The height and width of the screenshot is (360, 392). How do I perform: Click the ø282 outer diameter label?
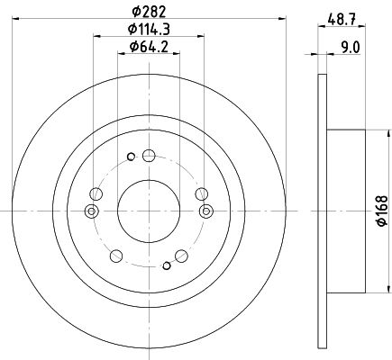tap(149, 12)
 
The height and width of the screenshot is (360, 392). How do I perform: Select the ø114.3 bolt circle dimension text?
tap(149, 30)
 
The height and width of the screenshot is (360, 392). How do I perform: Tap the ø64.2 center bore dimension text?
tap(149, 47)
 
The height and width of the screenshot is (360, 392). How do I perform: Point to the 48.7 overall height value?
tap(342, 20)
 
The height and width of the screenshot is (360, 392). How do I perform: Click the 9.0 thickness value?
tap(351, 48)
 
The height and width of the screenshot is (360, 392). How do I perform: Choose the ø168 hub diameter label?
tap(382, 211)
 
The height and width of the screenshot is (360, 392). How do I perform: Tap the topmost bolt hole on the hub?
tap(149, 156)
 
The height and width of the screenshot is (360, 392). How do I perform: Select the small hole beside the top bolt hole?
tap(131, 157)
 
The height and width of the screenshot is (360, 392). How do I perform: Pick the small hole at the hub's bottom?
tap(167, 265)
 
